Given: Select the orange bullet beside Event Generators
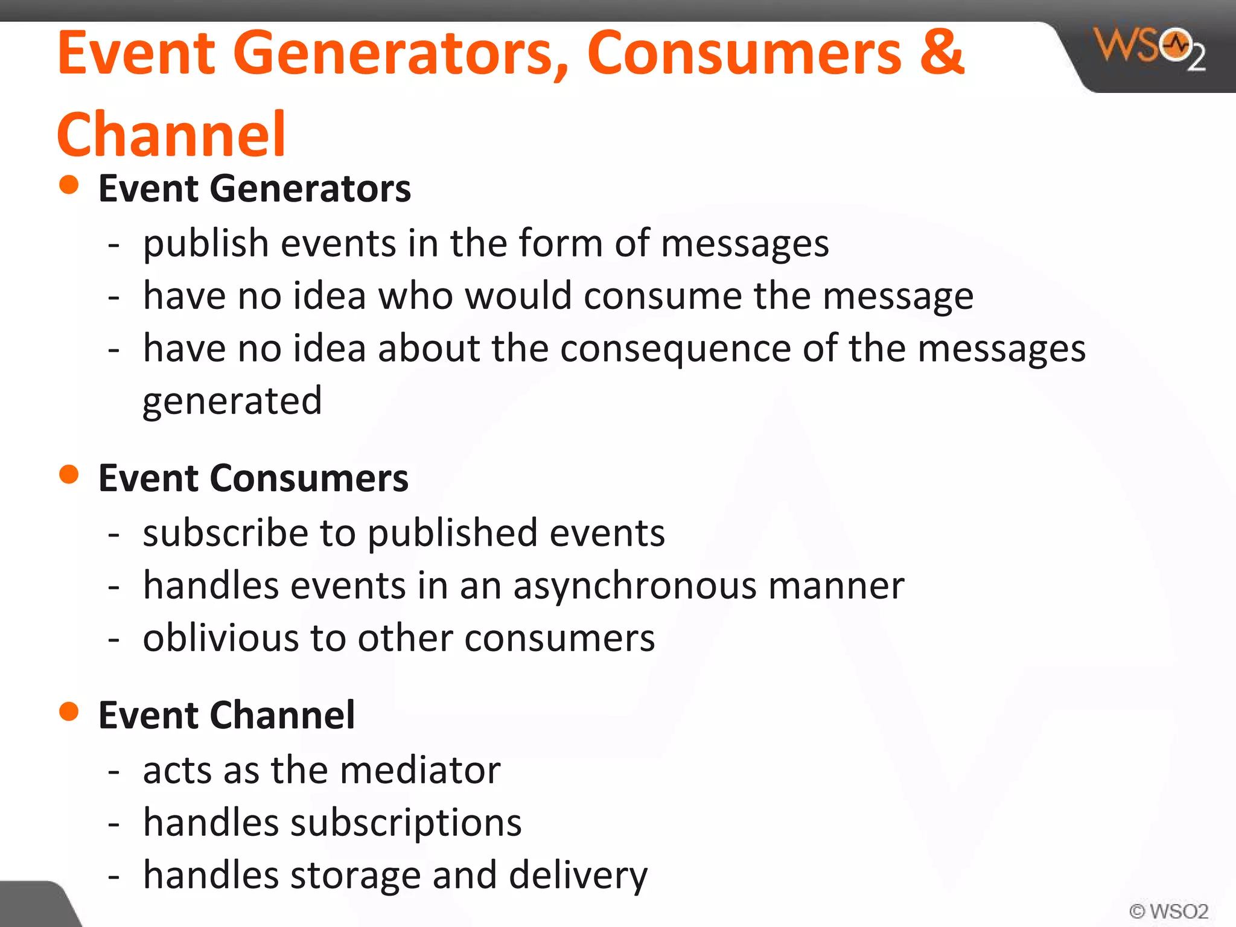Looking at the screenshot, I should (69, 185).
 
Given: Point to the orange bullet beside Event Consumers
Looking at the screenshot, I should (69, 474).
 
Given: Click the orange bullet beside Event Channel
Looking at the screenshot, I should (69, 712).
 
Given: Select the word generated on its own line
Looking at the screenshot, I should (232, 401).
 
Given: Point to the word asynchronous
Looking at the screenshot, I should (634, 587).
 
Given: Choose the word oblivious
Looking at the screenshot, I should (220, 638).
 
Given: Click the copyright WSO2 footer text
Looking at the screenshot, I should (1168, 911).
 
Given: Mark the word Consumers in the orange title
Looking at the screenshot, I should (745, 53).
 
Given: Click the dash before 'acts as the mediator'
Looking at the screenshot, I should (113, 771).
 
